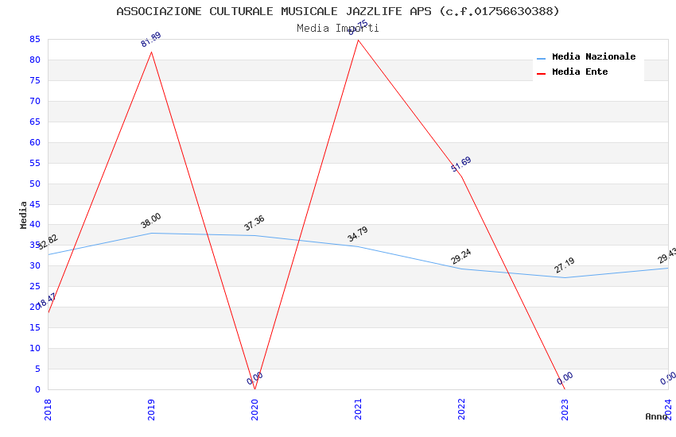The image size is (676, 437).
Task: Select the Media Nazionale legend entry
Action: (x=593, y=57)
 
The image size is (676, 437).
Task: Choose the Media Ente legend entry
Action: (x=580, y=72)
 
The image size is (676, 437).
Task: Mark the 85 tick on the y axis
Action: (x=35, y=39)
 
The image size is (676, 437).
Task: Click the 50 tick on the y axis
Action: (x=35, y=184)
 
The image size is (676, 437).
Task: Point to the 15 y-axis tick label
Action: (x=35, y=328)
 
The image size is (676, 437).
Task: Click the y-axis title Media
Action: (x=24, y=215)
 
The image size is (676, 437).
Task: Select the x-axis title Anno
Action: (x=656, y=416)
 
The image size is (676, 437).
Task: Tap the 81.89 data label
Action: (x=151, y=40)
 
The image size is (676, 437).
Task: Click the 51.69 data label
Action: (x=461, y=164)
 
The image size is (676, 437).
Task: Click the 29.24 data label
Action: (x=461, y=257)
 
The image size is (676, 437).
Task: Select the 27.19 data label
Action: (x=565, y=265)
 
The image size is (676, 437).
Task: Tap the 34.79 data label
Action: (x=358, y=234)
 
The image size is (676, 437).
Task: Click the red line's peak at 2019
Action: (x=151, y=52)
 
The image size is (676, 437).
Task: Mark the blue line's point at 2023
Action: (x=565, y=277)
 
